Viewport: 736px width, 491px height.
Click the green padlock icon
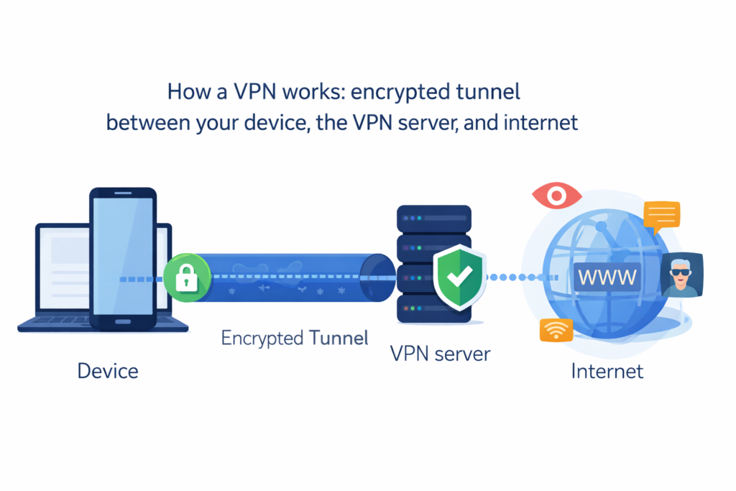coord(187,279)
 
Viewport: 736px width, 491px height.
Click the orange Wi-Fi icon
coord(556,329)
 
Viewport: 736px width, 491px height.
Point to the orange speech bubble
coord(661,215)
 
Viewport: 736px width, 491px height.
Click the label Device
coord(108,371)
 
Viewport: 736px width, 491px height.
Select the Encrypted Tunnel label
coord(294,338)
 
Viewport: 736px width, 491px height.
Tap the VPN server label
coord(440,354)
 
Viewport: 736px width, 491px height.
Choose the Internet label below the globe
coord(607,371)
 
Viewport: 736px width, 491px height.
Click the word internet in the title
coord(535,122)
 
